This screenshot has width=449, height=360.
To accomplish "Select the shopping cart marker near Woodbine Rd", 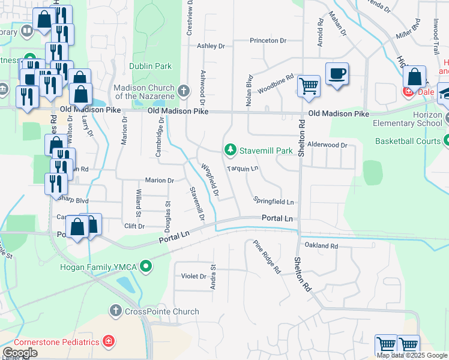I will pos(309,86).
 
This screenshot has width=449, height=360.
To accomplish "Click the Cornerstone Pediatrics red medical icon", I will pos(109,342).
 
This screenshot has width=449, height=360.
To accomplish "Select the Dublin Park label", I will pos(150,67).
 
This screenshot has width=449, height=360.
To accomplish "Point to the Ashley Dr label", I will pos(211,46).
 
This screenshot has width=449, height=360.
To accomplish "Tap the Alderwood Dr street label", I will pos(328,145).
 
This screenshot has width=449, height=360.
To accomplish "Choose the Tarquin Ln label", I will pos(243,169).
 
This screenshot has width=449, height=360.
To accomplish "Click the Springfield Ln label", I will pos(274,202).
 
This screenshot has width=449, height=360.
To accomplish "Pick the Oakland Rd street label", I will pos(321,246).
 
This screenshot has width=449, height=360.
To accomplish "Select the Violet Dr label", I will pos(194,277).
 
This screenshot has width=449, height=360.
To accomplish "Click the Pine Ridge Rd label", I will pos(267,257).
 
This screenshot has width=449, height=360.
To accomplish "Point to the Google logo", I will pos(19,353).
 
